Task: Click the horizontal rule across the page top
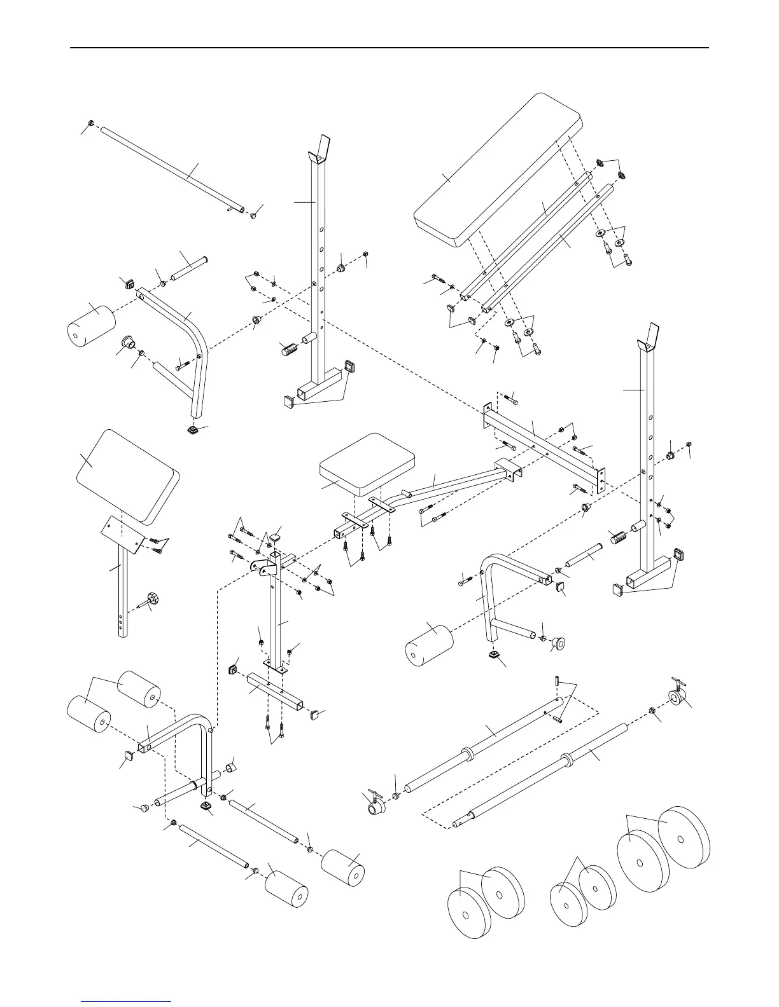coord(389,48)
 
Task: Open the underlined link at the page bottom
coord(126,1001)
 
